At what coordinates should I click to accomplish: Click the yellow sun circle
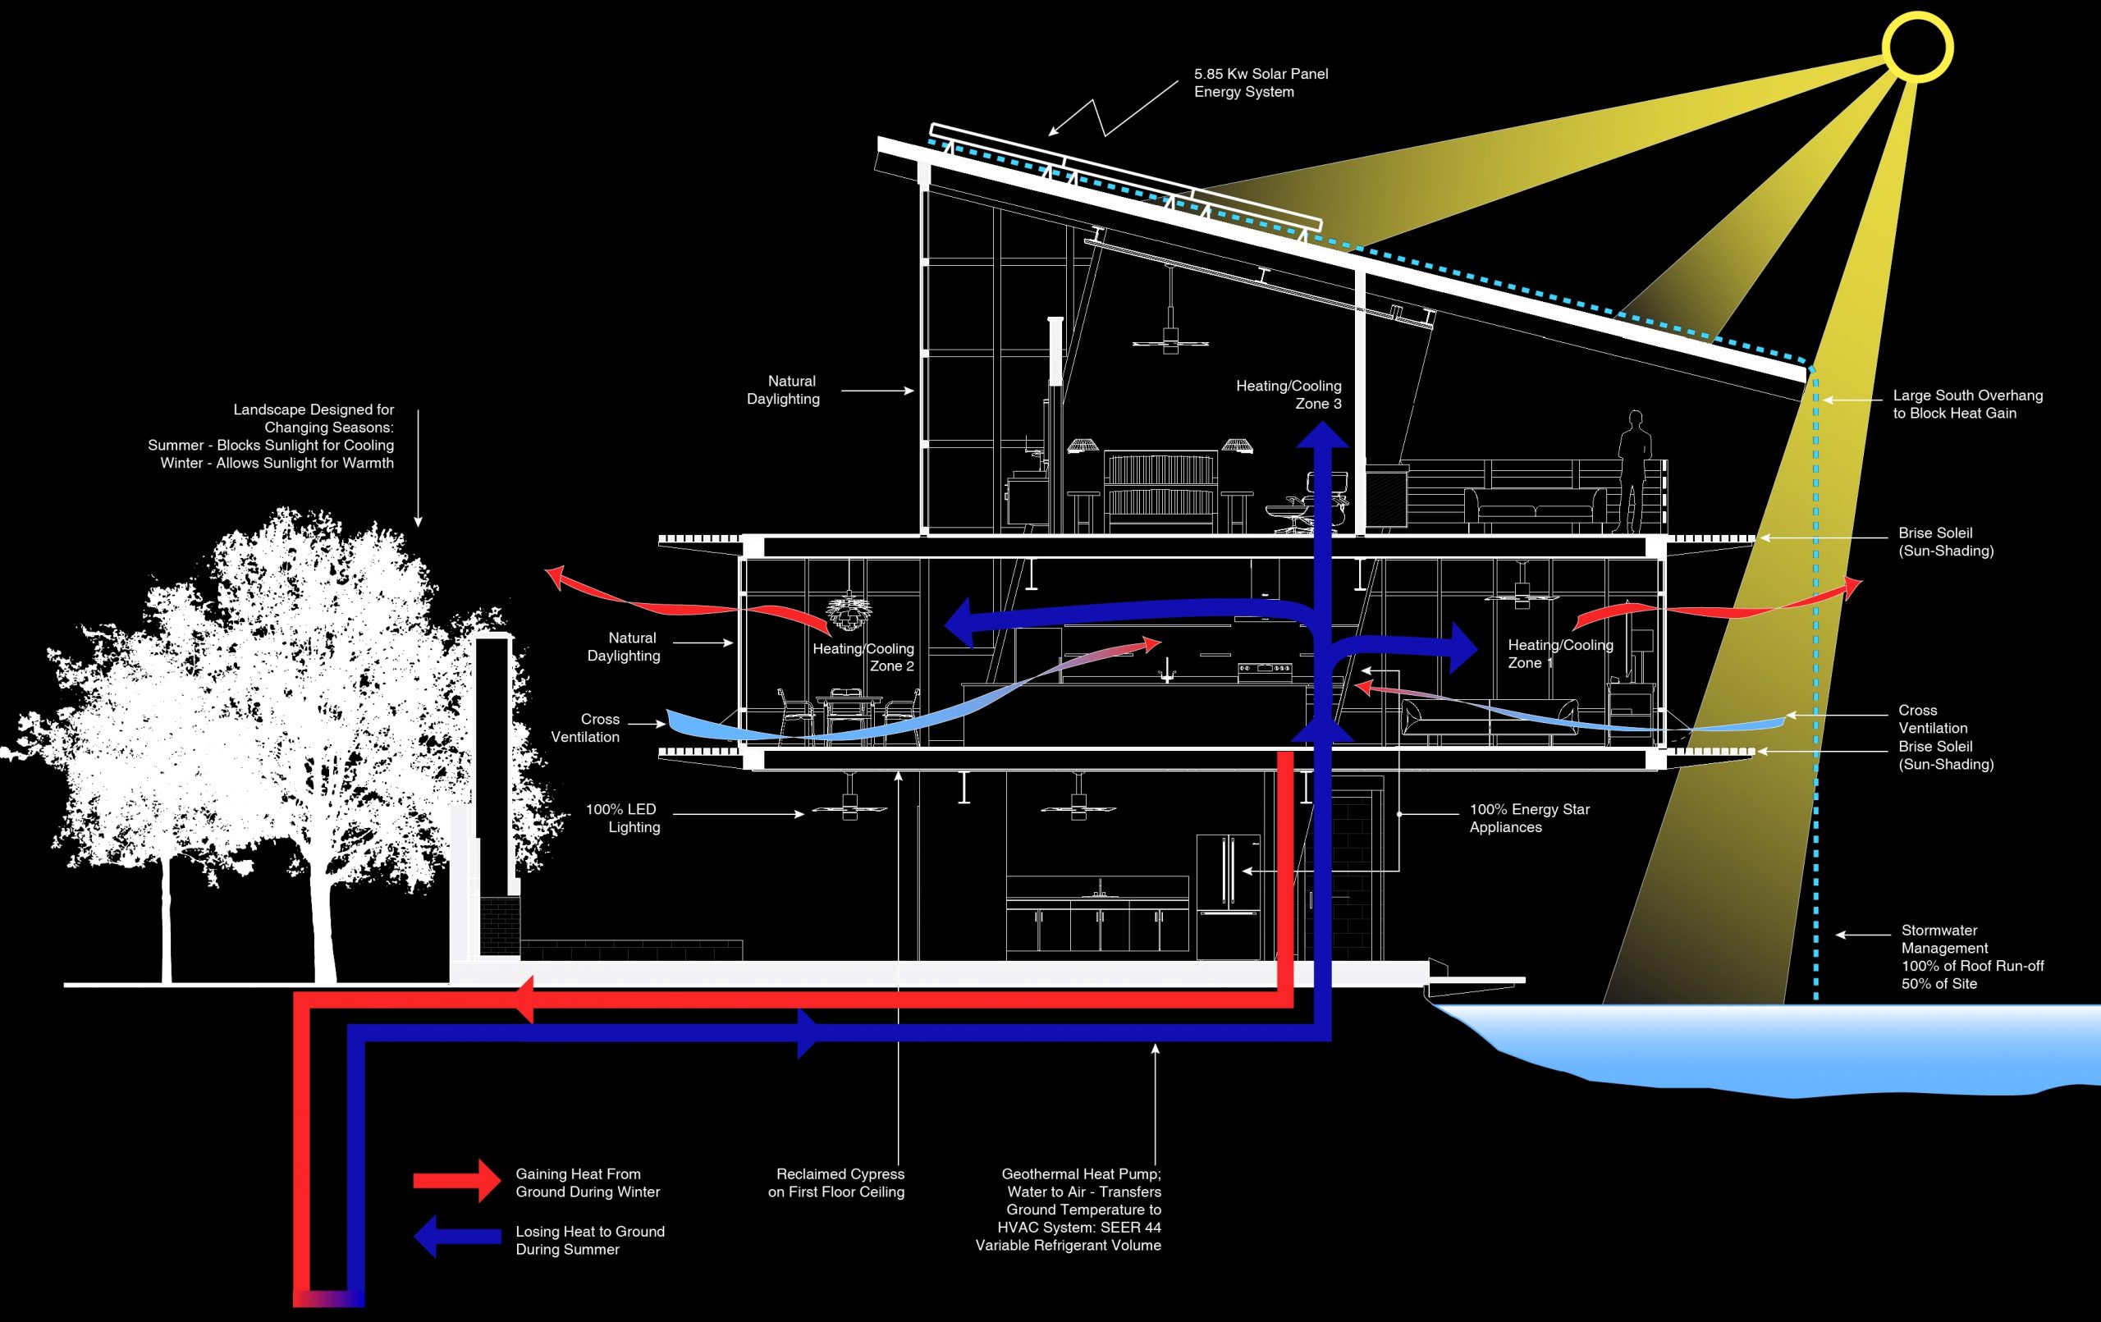point(1916,47)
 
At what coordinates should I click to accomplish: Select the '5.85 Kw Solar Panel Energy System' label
point(1260,83)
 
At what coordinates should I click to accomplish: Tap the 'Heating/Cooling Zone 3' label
point(1288,395)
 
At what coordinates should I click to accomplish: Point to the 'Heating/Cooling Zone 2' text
point(863,657)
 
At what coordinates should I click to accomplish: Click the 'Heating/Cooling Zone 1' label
point(1560,653)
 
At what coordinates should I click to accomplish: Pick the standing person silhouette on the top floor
point(1633,471)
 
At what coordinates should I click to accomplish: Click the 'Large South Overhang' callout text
point(1966,404)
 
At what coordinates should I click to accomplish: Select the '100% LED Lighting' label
point(622,817)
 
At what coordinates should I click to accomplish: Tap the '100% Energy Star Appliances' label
point(1529,817)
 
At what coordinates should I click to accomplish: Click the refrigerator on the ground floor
point(1228,896)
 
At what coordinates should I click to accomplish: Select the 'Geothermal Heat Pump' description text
point(1069,1209)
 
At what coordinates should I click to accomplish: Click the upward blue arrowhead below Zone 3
point(1322,437)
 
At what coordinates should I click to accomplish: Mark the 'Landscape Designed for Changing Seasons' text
point(272,436)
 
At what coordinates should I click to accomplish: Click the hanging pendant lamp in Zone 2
point(845,611)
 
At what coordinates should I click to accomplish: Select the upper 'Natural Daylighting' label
point(784,390)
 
